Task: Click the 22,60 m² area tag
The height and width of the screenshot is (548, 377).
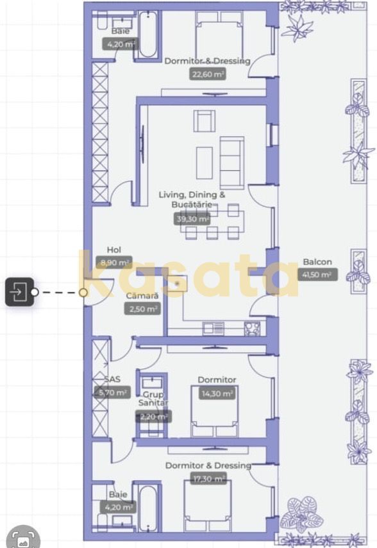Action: (208, 74)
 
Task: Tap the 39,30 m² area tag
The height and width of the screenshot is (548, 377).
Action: (192, 219)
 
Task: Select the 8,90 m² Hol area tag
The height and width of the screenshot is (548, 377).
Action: (115, 262)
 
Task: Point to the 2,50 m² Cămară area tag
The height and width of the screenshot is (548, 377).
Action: (142, 309)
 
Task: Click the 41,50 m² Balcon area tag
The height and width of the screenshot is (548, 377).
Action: (317, 275)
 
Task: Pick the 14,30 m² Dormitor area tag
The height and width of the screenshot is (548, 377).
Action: (217, 393)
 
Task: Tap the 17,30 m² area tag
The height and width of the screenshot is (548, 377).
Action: (208, 478)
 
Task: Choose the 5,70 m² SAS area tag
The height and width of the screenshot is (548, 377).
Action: (112, 392)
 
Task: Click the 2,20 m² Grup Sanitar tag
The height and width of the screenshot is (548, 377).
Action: (153, 416)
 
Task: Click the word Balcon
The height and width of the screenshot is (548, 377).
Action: (317, 262)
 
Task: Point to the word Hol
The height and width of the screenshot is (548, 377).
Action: (114, 250)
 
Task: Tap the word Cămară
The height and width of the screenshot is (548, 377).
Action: (142, 296)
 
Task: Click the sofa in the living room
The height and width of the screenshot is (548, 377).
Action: (231, 161)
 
